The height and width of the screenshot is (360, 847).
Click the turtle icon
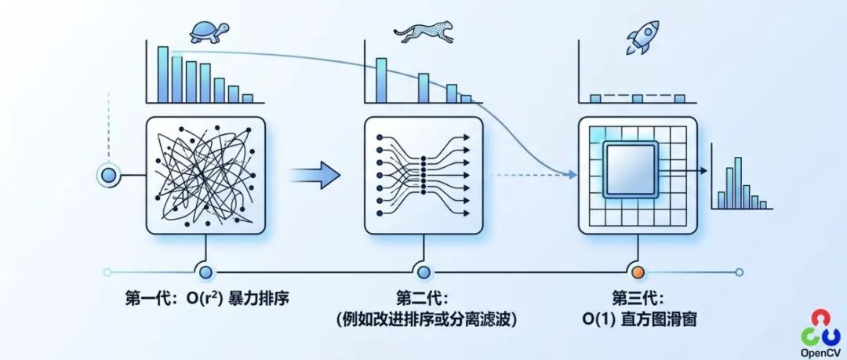tap(209, 31)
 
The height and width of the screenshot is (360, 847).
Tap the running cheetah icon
tap(423, 32)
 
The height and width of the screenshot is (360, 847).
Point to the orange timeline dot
tap(638, 272)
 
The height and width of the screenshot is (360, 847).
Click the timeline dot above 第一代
tap(206, 272)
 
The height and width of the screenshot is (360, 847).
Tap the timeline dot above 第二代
tap(423, 272)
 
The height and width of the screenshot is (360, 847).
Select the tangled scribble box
tap(206, 175)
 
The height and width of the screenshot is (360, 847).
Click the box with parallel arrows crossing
tap(423, 175)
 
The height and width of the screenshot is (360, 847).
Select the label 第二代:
tap(423, 299)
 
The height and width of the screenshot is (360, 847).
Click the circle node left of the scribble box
tap(108, 174)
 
